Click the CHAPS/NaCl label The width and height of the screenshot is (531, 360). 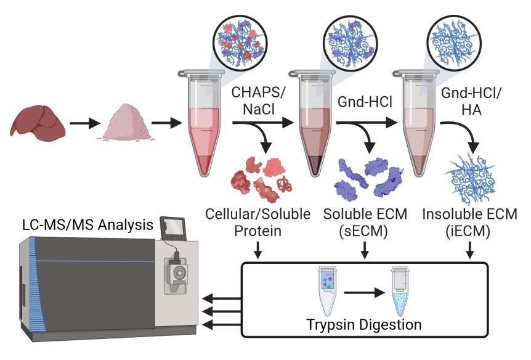tap(258, 100)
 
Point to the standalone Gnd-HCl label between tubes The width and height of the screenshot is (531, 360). tap(365, 102)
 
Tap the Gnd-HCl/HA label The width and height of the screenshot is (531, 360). tap(471, 101)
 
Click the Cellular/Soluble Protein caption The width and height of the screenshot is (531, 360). tap(258, 223)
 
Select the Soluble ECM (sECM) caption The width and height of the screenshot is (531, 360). tap(365, 223)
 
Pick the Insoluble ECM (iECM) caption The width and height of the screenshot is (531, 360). tap(469, 223)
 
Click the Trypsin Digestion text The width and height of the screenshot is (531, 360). tap(364, 324)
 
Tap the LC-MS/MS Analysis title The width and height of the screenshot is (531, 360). tap(87, 225)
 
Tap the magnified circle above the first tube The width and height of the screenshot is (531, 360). tap(240, 43)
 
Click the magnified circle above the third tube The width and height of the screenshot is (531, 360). tap(454, 43)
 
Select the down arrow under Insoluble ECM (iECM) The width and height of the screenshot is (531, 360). tap(469, 250)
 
